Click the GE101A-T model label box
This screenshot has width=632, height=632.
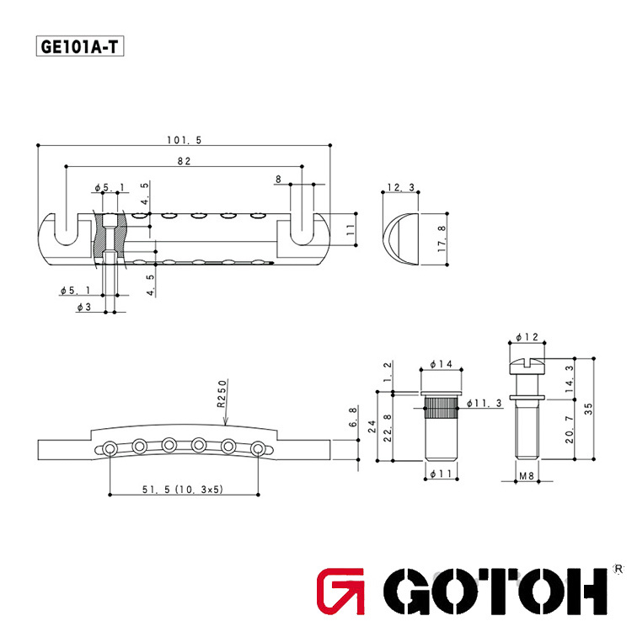pyautogui.click(x=80, y=46)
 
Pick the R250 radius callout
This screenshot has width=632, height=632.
pyautogui.click(x=222, y=394)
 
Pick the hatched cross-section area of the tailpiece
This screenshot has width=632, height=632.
pyautogui.click(x=109, y=231)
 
